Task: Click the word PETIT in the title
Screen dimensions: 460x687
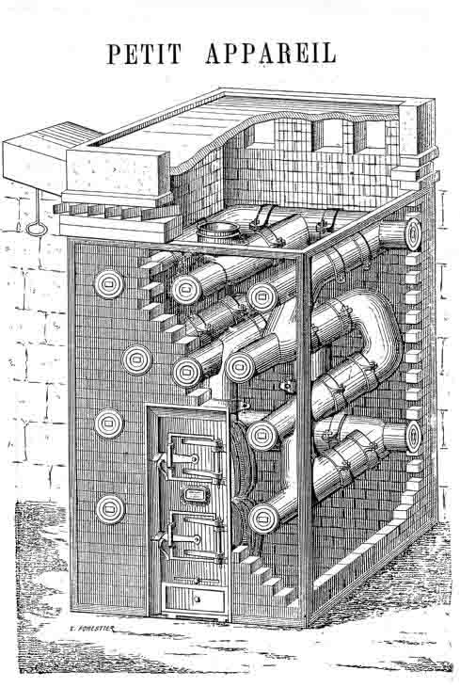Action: [144, 54]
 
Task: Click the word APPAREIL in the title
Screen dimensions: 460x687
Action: [271, 54]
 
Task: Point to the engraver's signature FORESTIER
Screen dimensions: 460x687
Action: [92, 629]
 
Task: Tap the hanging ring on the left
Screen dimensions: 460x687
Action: [35, 229]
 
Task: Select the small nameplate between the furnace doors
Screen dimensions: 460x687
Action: [196, 495]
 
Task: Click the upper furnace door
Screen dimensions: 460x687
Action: [193, 457]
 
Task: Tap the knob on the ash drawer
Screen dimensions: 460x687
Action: [197, 599]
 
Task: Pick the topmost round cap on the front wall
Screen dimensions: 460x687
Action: [109, 284]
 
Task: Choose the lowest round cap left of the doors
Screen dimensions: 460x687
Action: [110, 509]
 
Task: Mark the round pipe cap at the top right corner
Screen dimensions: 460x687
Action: [413, 234]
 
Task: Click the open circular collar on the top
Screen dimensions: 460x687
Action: [218, 232]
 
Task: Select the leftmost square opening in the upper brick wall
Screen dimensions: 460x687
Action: [262, 133]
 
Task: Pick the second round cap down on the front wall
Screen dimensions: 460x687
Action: [136, 359]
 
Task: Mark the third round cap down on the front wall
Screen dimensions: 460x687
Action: [109, 423]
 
